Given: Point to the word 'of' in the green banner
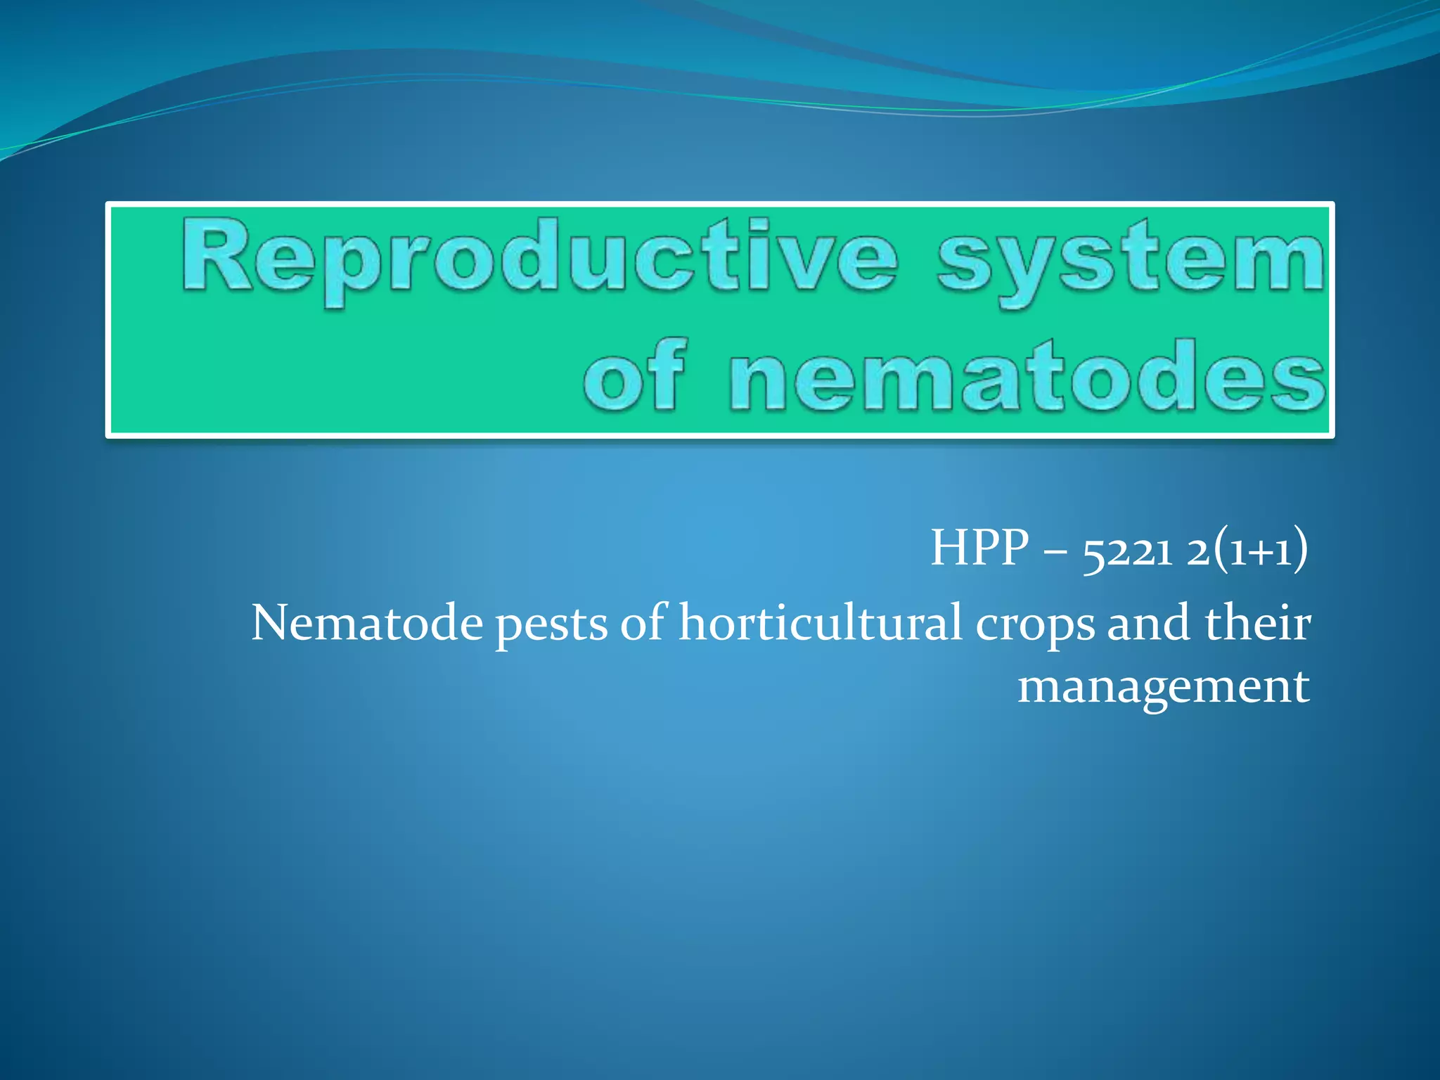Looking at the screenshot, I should [x=633, y=376].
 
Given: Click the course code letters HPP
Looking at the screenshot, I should [x=979, y=548].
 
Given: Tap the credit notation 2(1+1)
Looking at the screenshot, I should [x=1247, y=549].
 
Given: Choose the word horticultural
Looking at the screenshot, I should [x=821, y=623].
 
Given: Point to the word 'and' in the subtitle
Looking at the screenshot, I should [x=1148, y=623].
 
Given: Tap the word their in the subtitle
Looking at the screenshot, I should [x=1258, y=623].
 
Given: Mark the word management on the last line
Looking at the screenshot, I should [x=1164, y=687].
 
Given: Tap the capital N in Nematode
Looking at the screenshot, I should [x=270, y=623].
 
